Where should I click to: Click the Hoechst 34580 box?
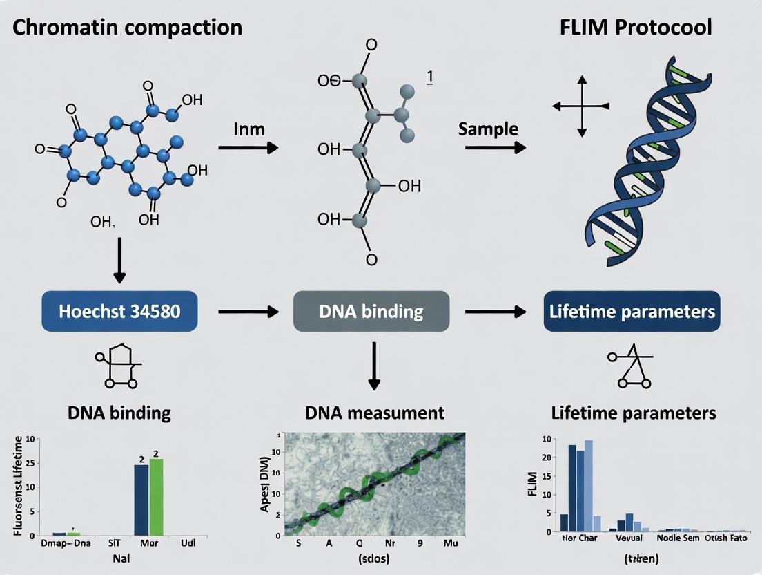pos(119,312)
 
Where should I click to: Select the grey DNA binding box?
pos(371,312)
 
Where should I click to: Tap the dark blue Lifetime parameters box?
pos(632,312)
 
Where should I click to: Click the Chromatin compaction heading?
pos(128,28)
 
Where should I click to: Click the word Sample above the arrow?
pos(488,129)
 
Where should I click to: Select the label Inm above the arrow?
pos(249,129)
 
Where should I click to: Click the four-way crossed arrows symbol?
pos(581,106)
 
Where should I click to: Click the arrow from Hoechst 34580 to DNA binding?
pos(248,312)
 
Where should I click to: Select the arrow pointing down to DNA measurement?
pos(373,366)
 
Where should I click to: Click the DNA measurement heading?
pos(375,413)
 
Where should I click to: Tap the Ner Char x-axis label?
pos(579,538)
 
